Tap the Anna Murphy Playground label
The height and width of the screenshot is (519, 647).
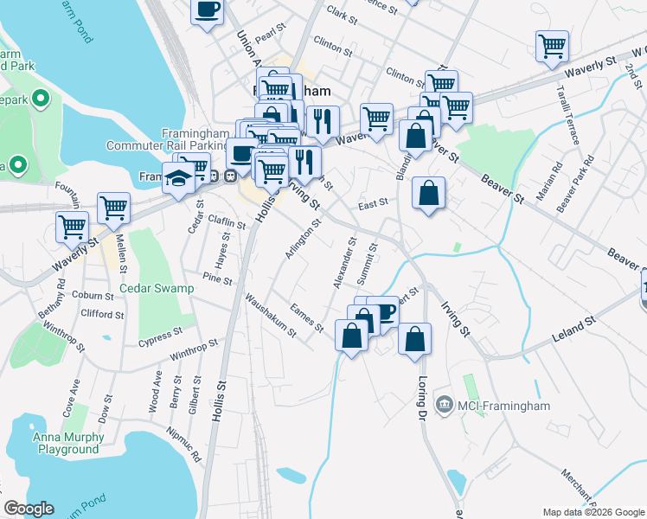pos(69,443)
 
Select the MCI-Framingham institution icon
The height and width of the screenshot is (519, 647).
pos(444,403)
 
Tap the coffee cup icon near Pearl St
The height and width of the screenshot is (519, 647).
pos(207,10)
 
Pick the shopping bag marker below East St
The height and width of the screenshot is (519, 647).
pos(429,193)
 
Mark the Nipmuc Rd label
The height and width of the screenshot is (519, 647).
pos(184,444)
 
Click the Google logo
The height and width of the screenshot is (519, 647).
pos(29,509)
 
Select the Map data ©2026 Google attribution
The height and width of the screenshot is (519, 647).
pos(593,512)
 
